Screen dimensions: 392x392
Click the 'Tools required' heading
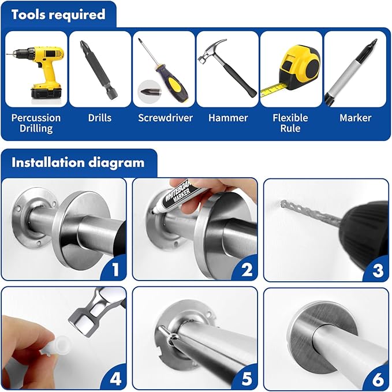click(58, 14)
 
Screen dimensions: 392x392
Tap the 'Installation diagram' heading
click(78, 162)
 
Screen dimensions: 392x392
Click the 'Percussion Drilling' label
click(36, 123)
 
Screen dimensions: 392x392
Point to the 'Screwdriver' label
click(165, 118)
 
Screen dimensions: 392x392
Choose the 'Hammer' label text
click(228, 118)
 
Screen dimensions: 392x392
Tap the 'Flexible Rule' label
click(290, 123)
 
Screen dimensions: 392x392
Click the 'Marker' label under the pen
click(355, 118)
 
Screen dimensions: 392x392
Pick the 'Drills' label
click(100, 118)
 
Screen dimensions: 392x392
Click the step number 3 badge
click(378, 270)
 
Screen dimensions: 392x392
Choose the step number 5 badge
click(247, 379)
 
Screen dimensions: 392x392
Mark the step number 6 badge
click(378, 379)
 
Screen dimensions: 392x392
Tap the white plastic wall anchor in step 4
click(55, 345)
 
